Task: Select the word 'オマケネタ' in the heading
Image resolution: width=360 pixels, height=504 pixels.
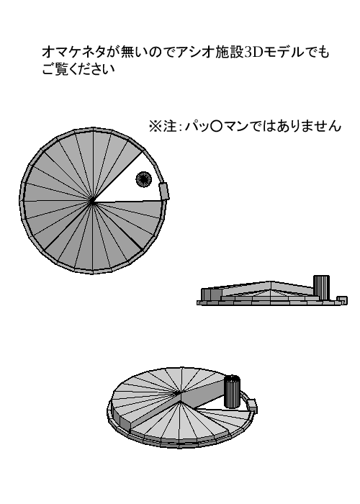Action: (74, 53)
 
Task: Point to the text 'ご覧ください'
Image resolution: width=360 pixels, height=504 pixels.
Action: (78, 69)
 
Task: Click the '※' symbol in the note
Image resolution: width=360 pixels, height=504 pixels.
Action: (156, 126)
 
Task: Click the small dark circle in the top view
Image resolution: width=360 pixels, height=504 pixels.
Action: (143, 179)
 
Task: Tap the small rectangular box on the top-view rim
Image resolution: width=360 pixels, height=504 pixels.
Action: (163, 192)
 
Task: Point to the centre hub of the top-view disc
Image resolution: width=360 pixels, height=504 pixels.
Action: (93, 202)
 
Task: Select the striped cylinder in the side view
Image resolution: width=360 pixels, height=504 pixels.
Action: (321, 287)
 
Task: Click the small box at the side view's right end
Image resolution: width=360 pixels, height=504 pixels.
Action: (342, 300)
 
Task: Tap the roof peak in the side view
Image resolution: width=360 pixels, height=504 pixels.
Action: (271, 282)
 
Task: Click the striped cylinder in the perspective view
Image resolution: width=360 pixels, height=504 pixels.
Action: (232, 391)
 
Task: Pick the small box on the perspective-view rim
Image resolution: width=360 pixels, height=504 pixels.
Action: (252, 405)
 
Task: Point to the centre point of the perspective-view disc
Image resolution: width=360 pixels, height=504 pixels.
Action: (177, 393)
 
